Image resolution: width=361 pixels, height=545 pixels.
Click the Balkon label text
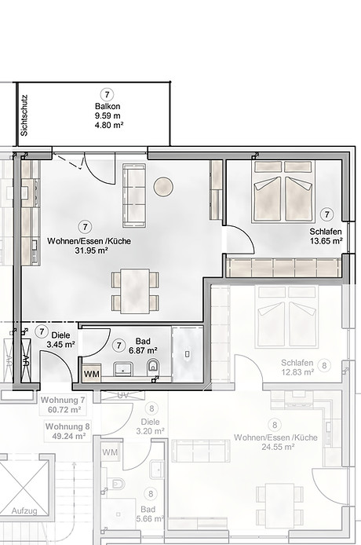tap(108, 106)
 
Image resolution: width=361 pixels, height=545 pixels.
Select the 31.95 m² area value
tap(91, 251)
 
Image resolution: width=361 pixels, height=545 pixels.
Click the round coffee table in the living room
tap(163, 187)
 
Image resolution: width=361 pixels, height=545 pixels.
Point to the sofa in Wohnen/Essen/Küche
tap(134, 194)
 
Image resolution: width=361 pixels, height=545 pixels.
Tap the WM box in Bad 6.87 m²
tap(92, 373)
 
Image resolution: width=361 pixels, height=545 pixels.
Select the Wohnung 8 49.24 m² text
tap(67, 431)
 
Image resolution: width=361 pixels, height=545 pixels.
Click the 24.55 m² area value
tap(272, 446)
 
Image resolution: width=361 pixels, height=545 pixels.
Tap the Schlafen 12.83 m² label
tap(297, 368)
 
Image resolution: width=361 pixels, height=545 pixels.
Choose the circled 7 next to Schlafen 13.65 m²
tap(326, 214)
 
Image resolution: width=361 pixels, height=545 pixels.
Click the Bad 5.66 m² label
tap(148, 513)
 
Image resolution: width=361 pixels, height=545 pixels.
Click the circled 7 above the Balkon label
tap(108, 93)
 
